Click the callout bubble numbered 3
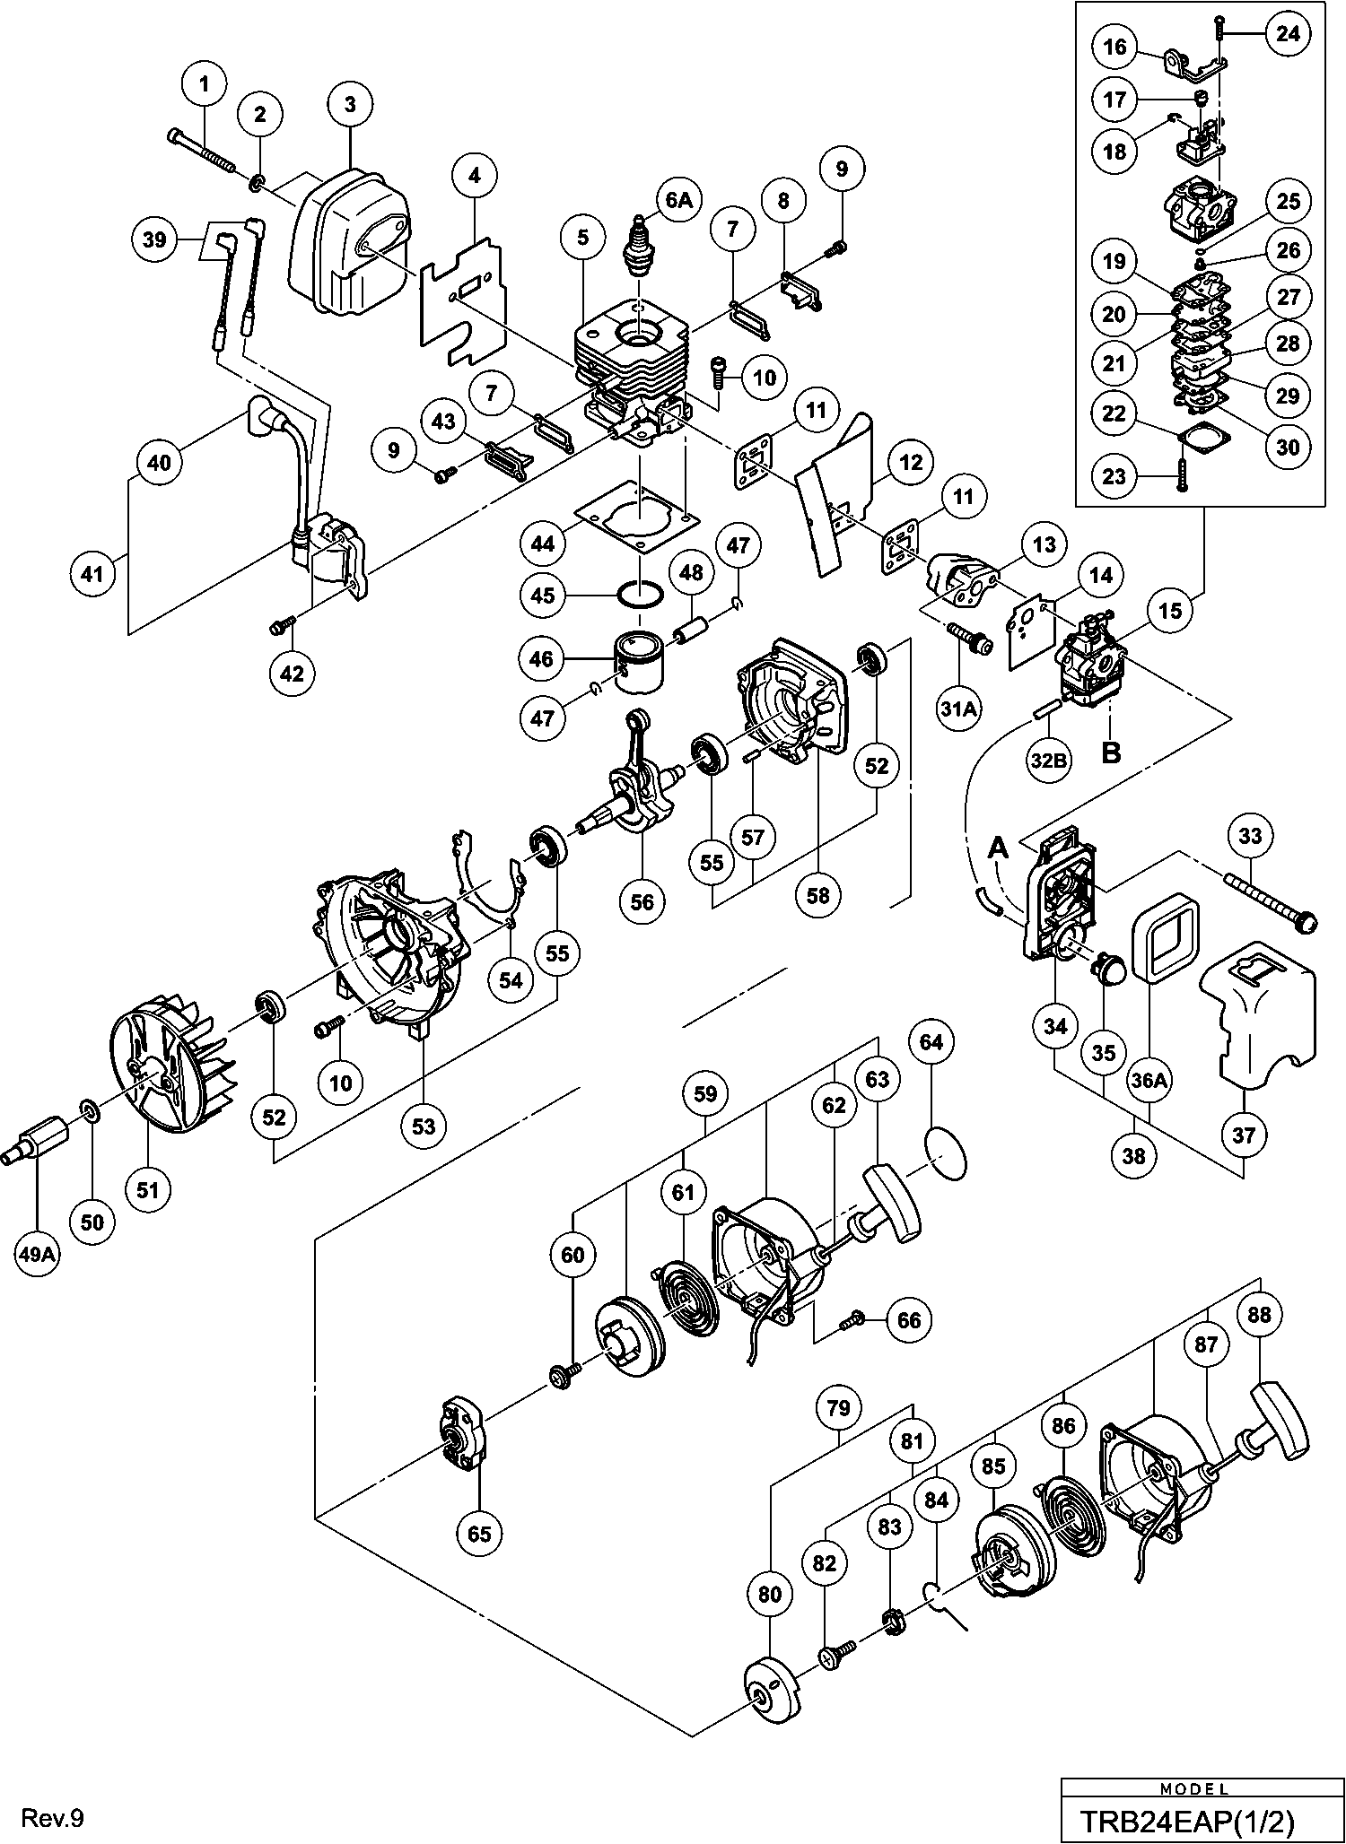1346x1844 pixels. (x=350, y=104)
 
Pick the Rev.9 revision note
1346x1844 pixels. (x=53, y=1817)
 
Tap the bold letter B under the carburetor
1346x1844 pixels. (x=1110, y=752)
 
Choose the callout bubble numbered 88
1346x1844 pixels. (x=1260, y=1315)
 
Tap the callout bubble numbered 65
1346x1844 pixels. (x=479, y=1534)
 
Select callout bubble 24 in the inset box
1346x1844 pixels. (x=1287, y=34)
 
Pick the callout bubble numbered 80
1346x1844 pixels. (x=770, y=1594)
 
